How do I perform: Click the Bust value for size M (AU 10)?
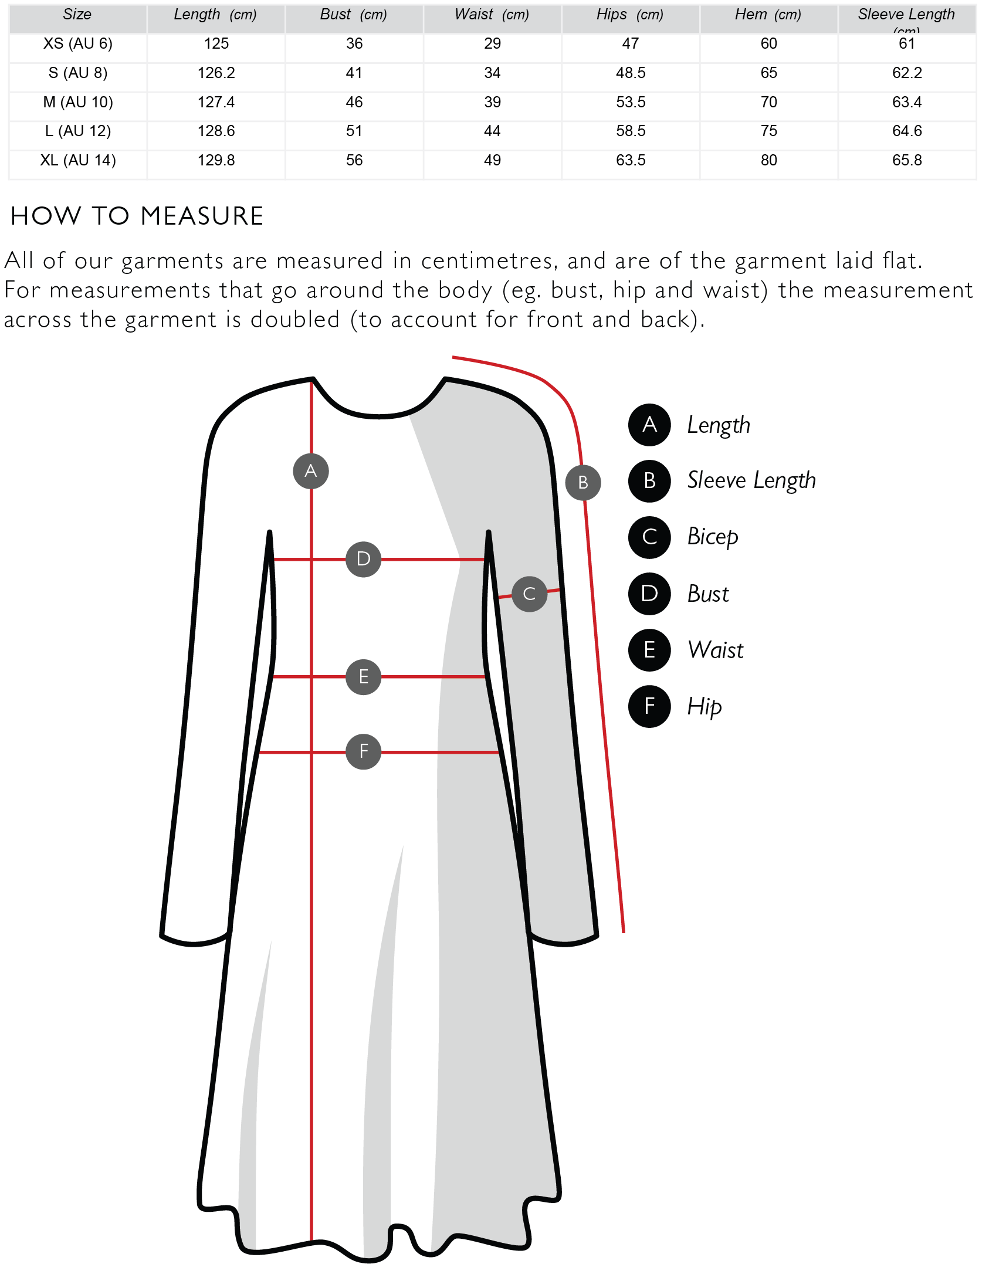354,102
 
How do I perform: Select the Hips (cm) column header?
629,15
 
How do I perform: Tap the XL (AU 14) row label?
78,160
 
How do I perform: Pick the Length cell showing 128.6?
216,131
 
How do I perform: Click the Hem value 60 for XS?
768,43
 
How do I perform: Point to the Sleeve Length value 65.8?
907,160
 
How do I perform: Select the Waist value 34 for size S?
492,73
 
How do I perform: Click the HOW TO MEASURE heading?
137,216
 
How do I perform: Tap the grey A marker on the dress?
311,471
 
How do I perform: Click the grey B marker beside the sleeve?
583,483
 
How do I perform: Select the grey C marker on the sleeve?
530,594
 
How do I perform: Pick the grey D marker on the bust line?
364,559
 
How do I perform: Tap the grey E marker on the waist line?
364,677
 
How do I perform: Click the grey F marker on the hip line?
364,751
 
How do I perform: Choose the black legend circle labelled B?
649,481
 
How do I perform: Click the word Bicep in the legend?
713,537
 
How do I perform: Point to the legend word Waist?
716,650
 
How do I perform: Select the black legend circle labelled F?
649,706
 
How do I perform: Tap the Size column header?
77,15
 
